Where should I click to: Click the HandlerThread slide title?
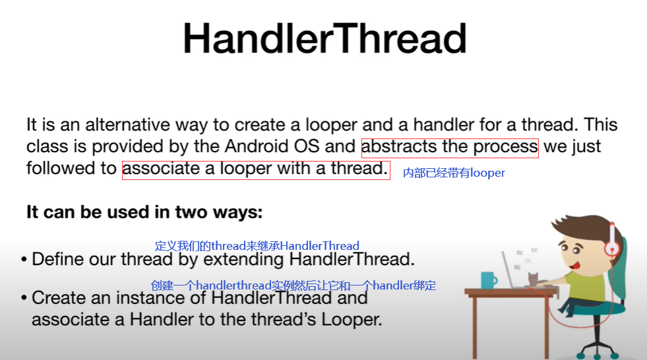[x=324, y=38]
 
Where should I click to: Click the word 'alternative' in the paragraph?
[x=127, y=125]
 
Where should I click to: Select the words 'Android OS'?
[x=272, y=146]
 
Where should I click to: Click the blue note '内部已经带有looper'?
[x=454, y=173]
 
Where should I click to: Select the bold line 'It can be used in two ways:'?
[x=144, y=212]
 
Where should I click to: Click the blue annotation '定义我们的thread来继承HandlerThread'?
[x=257, y=246]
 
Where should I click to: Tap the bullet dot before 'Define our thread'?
[x=24, y=260]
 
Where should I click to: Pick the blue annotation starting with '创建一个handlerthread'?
[x=293, y=285]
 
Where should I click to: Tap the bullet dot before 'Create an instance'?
[x=24, y=298]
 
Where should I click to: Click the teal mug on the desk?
[x=489, y=280]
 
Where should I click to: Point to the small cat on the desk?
[x=533, y=279]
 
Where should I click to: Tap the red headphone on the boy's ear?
[x=612, y=247]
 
